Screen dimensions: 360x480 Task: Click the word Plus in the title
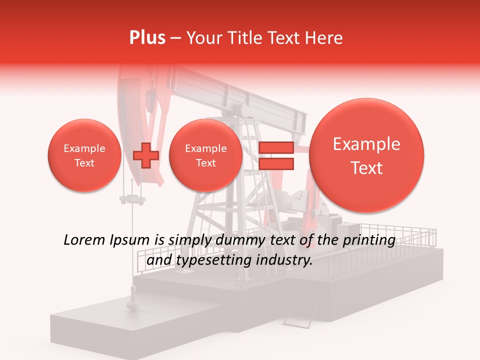(x=147, y=38)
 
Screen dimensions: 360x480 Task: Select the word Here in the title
(x=324, y=38)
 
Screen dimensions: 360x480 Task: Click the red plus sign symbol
(x=145, y=156)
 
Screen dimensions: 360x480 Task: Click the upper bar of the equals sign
(x=275, y=147)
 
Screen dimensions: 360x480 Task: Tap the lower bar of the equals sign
(x=275, y=163)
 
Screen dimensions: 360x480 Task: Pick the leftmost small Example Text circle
(x=84, y=155)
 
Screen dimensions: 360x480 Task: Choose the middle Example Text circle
(x=205, y=155)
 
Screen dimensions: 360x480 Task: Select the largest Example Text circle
(x=366, y=155)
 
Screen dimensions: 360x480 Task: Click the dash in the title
(x=175, y=38)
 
